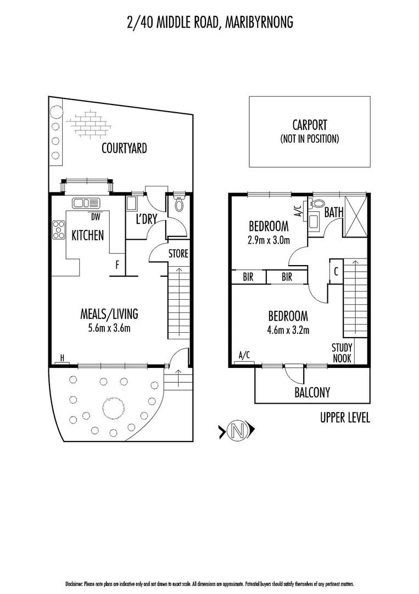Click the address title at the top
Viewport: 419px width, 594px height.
point(209,22)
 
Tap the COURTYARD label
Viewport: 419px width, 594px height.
point(124,148)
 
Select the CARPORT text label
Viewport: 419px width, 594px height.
point(309,125)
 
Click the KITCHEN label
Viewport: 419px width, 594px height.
point(88,235)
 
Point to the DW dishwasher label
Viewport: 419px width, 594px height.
point(96,216)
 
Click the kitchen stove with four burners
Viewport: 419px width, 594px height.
point(58,229)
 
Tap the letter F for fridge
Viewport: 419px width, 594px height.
point(117,265)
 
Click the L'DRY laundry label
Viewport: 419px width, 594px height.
point(147,219)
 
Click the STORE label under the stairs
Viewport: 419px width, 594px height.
point(178,254)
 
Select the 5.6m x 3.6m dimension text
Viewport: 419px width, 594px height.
point(109,328)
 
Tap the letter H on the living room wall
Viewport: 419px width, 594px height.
point(62,358)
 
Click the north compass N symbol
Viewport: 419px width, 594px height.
point(237,431)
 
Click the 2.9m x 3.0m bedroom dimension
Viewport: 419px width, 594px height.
point(269,240)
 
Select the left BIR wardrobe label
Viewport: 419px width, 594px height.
point(248,277)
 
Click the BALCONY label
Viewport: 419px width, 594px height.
point(312,392)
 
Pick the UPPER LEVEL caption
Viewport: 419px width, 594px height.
point(345,418)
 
